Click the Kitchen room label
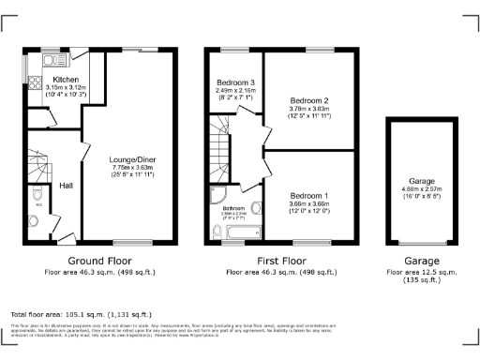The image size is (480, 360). coord(65,80)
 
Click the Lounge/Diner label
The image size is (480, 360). coord(131,159)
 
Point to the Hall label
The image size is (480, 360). coord(67,185)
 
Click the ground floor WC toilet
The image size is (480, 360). coord(35,221)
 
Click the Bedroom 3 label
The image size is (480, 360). coord(234,81)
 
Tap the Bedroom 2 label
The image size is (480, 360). coord(308,100)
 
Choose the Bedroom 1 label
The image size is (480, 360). coord(308,192)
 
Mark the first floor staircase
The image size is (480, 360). coord(221,145)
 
